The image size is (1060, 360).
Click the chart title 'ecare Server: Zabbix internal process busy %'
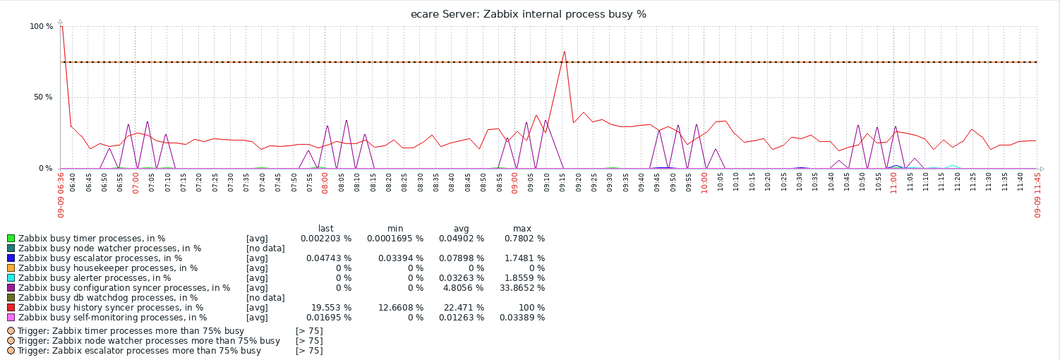[x=529, y=14]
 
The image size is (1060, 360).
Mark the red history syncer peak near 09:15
[x=564, y=52]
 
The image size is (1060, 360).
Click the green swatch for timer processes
[x=11, y=239]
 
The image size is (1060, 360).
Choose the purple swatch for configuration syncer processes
[x=11, y=288]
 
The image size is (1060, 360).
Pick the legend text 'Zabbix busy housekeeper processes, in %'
[x=108, y=268]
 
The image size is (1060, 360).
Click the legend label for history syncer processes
[x=111, y=308]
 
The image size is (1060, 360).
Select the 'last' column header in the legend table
[x=326, y=228]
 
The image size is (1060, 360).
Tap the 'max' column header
[x=522, y=228]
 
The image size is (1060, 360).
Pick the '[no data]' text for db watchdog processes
[x=265, y=298]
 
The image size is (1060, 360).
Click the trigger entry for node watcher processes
[x=149, y=341]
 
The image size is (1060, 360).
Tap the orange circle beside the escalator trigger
[x=11, y=351]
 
